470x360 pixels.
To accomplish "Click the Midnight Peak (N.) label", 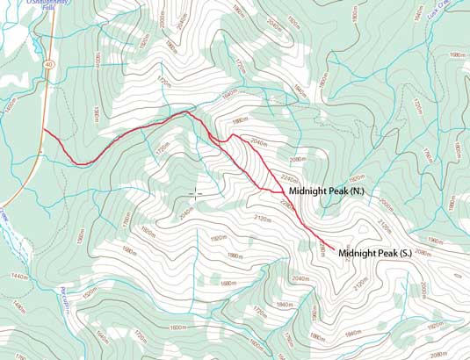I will click(x=333, y=190).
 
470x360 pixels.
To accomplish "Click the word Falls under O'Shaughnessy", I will click(x=25, y=10).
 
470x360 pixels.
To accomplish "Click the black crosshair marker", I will click(x=195, y=192).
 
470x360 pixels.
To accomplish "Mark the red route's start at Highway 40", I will click(x=44, y=130).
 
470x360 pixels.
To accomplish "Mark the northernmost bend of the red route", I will click(x=185, y=112).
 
